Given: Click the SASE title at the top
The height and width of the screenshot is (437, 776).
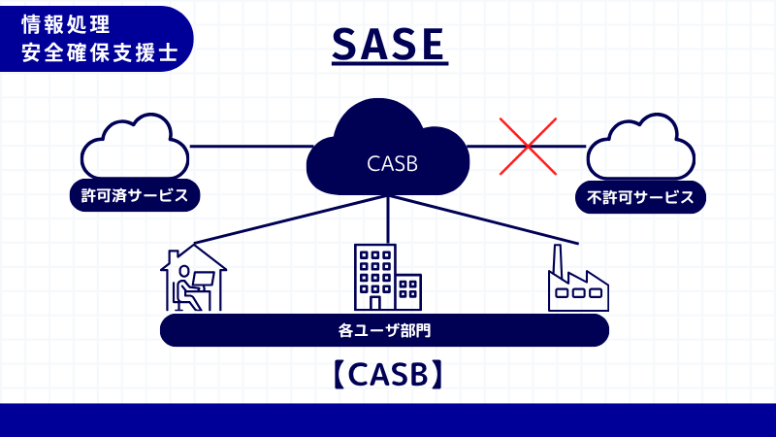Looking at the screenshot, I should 389,44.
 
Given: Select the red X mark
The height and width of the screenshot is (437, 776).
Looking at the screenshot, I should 528,147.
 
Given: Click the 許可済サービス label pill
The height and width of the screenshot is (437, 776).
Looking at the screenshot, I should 135,195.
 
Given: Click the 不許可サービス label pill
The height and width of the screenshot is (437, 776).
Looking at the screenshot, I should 640,197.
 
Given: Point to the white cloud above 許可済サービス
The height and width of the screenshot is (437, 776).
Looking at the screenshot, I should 134,148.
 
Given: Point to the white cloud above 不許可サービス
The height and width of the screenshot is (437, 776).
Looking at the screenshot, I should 640,148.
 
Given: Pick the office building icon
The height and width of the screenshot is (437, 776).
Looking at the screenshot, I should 387,278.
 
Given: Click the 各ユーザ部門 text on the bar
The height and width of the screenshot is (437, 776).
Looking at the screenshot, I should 384,330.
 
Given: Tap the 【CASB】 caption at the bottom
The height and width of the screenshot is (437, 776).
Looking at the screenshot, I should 388,375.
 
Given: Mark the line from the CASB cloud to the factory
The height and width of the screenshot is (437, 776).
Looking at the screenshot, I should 485,219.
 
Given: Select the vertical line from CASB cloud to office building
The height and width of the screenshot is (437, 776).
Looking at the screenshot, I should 388,218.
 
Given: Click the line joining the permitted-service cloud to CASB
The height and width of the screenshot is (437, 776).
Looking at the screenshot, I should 247,147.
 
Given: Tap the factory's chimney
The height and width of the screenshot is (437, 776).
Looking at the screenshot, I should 558,260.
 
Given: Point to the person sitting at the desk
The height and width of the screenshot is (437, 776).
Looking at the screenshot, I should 183,285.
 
